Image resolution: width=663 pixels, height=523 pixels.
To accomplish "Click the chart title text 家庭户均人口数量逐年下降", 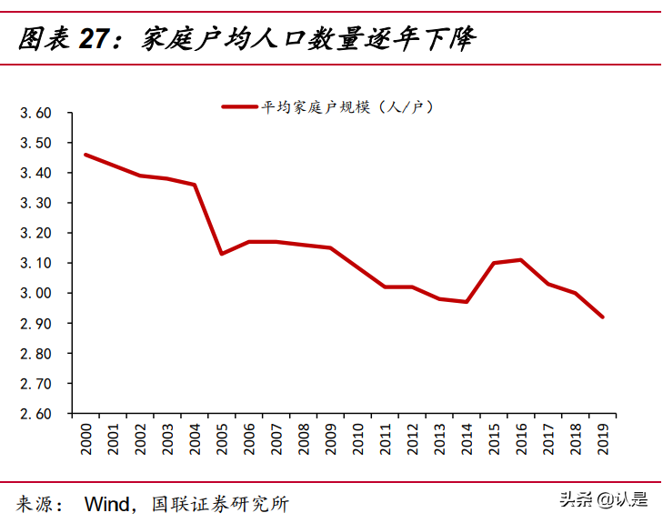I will (309, 40).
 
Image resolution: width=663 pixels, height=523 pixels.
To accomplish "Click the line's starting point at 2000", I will (85, 155).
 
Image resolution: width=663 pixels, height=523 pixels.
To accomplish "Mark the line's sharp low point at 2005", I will (221, 254).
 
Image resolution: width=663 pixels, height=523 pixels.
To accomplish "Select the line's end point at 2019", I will (601, 317).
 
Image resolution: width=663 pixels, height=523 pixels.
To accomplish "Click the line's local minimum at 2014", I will (466, 302).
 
